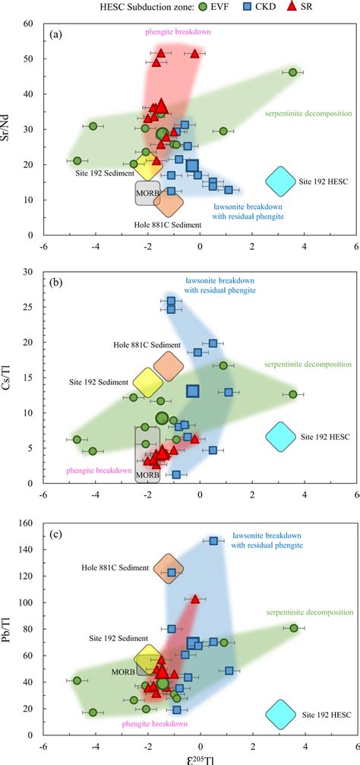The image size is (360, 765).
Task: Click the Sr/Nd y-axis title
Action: (10, 128)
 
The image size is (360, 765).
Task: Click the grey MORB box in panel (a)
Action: (147, 193)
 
